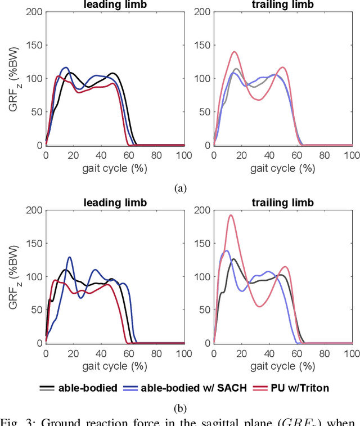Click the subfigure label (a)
pos(180,188)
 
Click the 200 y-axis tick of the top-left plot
pos(34,12)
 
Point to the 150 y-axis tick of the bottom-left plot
pos(34,244)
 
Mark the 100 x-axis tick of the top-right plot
pos(352,154)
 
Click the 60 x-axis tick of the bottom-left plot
pos(129,352)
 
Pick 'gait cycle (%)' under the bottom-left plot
pos(115,366)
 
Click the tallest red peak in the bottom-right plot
pos(230,216)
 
